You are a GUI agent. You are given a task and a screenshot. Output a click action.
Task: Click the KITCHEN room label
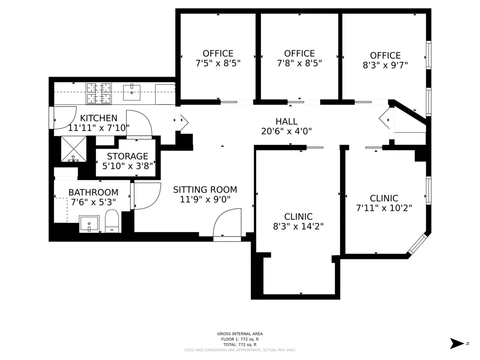pyautogui.click(x=99, y=118)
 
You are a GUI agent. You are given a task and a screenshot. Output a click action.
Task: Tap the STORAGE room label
pyautogui.click(x=127, y=156)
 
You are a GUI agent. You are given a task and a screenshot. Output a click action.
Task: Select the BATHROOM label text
pyautogui.click(x=93, y=192)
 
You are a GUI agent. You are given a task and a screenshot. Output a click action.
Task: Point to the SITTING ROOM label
pyautogui.click(x=205, y=190)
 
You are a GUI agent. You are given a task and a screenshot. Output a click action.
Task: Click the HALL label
pyautogui.click(x=286, y=121)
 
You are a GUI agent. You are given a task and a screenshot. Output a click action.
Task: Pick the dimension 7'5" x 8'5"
pyautogui.click(x=218, y=63)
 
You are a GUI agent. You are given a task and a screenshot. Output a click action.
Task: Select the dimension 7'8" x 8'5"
pyautogui.click(x=299, y=63)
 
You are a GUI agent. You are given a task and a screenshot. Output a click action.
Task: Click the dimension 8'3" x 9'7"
pyautogui.click(x=385, y=65)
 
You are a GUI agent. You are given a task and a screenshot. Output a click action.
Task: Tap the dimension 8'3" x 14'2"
pyautogui.click(x=298, y=226)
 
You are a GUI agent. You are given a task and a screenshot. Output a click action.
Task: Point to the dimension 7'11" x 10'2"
pyautogui.click(x=384, y=208)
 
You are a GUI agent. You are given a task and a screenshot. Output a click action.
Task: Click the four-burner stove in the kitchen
pyautogui.click(x=99, y=93)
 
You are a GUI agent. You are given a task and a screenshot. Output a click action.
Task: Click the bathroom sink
pyautogui.click(x=89, y=223)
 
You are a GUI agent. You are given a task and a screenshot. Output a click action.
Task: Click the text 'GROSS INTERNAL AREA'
pyautogui.click(x=240, y=334)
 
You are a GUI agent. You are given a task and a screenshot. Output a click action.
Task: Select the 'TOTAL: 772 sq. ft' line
pyautogui.click(x=240, y=344)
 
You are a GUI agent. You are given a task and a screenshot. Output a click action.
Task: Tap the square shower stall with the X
pyautogui.click(x=74, y=149)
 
